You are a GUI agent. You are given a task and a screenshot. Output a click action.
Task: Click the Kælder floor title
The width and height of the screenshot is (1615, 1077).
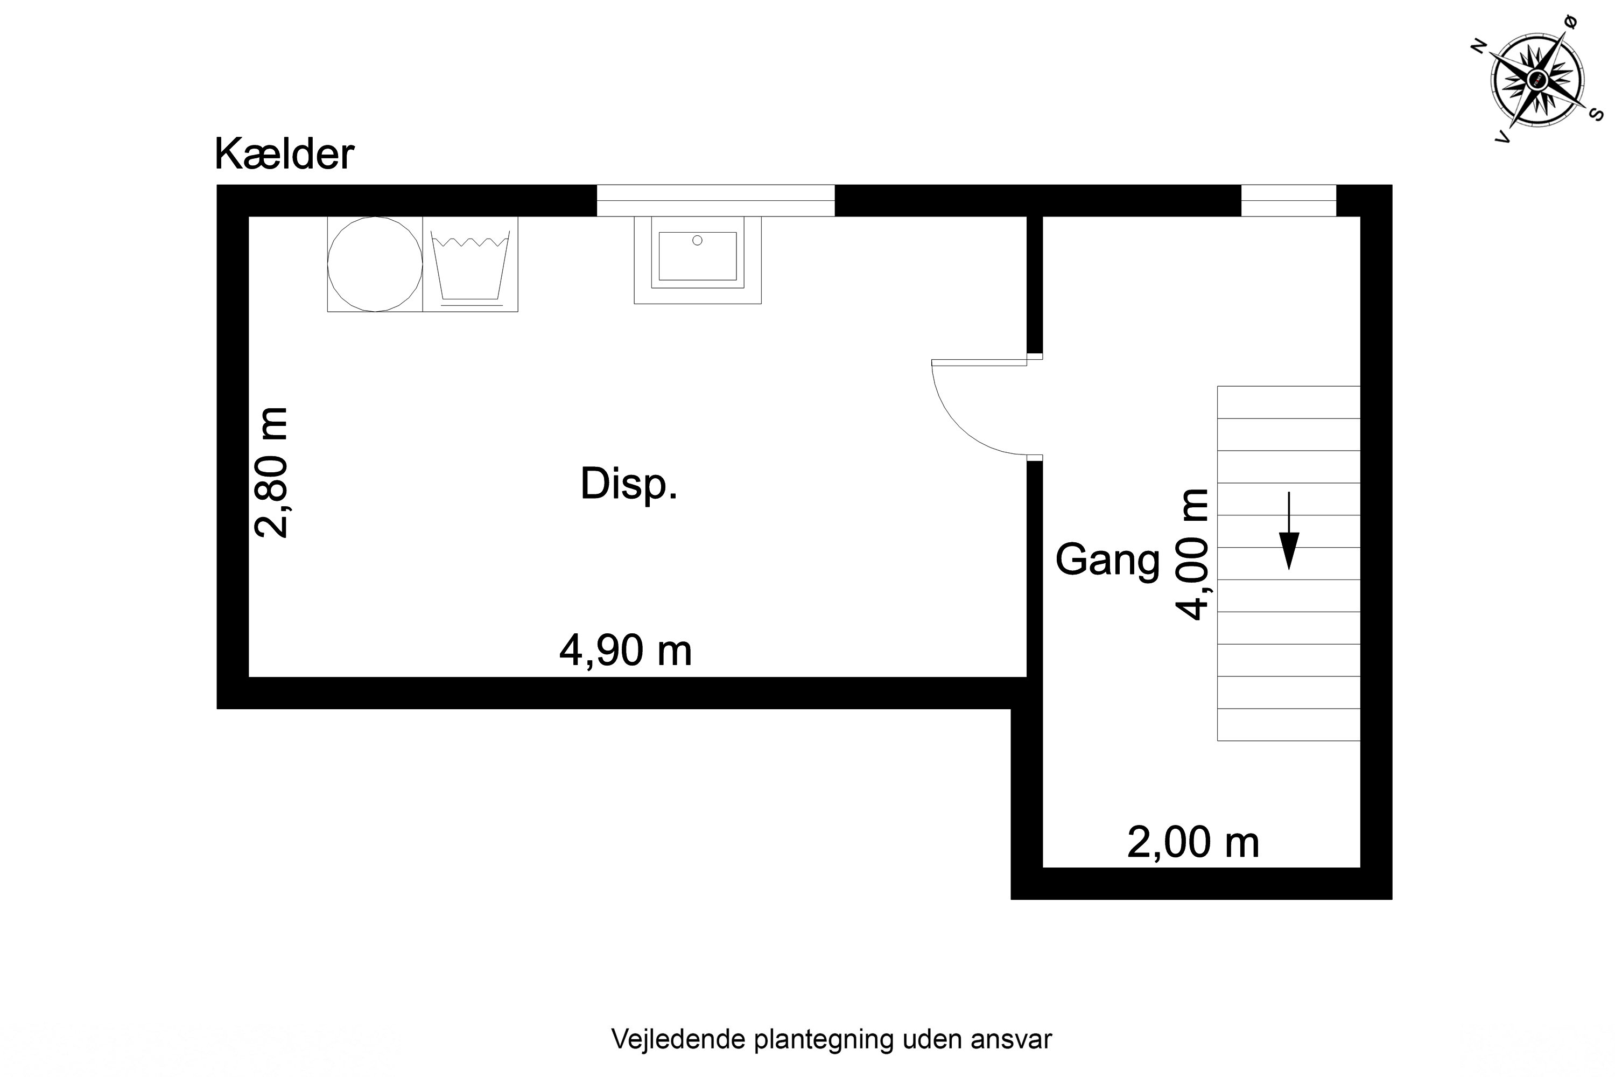click(284, 154)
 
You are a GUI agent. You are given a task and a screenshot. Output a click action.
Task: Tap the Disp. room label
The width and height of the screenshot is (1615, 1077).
click(628, 484)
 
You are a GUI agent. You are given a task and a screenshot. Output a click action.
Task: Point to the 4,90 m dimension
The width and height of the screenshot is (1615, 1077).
click(626, 650)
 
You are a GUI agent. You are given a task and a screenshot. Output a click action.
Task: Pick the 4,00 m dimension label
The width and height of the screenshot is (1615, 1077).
click(1192, 554)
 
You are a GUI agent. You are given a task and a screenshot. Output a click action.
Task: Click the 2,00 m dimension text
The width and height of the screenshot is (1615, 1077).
click(1193, 842)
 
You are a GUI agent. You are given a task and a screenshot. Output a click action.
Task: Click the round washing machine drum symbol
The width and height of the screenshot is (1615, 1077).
click(375, 264)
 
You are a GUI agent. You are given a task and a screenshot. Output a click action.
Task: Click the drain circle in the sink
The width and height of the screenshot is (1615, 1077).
click(697, 240)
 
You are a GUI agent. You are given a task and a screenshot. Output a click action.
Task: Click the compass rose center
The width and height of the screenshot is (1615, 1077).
click(1537, 80)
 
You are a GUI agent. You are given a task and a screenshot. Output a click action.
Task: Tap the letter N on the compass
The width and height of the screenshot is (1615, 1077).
click(1478, 47)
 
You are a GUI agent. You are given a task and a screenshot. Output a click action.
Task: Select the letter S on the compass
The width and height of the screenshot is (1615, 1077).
click(1597, 115)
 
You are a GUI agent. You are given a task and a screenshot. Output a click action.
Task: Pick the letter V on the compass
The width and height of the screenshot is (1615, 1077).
click(1502, 138)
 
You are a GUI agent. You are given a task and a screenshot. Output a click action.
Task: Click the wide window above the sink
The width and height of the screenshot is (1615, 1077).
click(715, 200)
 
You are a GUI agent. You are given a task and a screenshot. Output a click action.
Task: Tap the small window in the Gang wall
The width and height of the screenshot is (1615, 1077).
click(1288, 200)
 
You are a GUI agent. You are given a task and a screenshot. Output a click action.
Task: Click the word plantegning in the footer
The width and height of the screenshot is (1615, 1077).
click(824, 1039)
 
